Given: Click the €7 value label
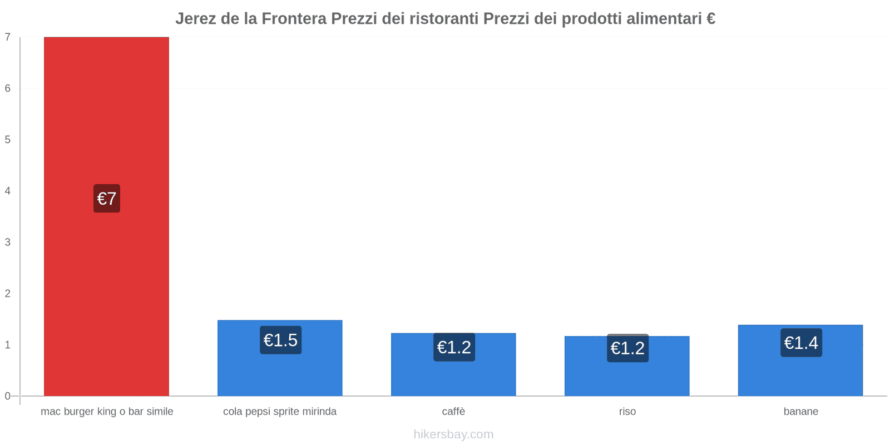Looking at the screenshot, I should click(x=107, y=199).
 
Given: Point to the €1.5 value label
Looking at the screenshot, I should click(x=280, y=340).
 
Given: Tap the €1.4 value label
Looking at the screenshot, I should click(x=801, y=343).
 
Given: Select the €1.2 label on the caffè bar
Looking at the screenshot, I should click(x=454, y=347).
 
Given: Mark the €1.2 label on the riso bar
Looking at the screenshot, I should click(x=627, y=348).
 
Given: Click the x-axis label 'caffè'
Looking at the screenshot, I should click(x=453, y=412).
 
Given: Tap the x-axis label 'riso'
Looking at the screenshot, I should click(x=627, y=412).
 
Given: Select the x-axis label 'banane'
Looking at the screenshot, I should click(x=800, y=412).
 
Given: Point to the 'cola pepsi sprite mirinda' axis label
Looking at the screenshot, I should click(x=280, y=412).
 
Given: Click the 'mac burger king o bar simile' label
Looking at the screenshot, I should click(x=107, y=412).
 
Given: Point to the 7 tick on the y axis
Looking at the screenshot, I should click(x=8, y=37).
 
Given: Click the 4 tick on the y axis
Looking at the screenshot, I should click(x=8, y=191).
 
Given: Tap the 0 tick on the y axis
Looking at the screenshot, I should click(x=8, y=396).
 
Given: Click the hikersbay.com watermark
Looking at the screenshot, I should click(x=453, y=434).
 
